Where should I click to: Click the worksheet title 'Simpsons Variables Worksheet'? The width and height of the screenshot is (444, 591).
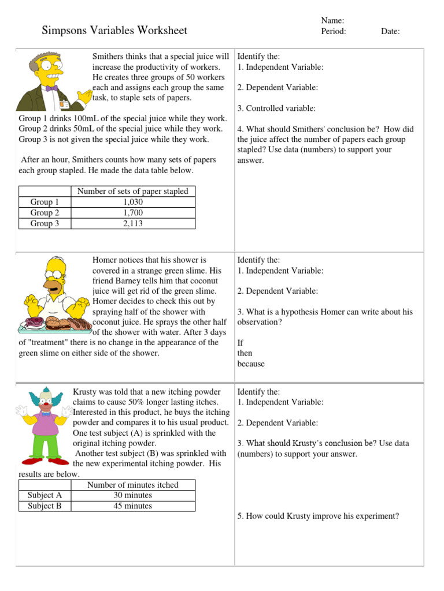pos(114,31)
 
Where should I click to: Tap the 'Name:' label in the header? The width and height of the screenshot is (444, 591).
pos(332,21)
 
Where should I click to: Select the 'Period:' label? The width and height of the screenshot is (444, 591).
pos(334,32)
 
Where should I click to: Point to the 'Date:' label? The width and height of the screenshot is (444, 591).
pos(390,32)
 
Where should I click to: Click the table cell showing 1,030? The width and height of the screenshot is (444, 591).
pos(132,202)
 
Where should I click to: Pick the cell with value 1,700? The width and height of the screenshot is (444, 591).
pos(132,213)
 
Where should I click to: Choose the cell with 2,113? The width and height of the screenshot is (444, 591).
pos(132,223)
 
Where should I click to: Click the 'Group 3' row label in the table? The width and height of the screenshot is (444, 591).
pos(45,223)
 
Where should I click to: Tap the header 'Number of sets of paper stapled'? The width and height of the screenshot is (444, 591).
pos(132,191)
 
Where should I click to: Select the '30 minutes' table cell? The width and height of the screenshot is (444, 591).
pos(132,495)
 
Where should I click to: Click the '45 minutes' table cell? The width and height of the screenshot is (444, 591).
pos(132,506)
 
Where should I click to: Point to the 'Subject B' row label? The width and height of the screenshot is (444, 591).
pos(45,506)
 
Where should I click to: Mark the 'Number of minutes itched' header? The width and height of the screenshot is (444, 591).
pos(132,485)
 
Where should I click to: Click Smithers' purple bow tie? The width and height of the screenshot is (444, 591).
pos(52,88)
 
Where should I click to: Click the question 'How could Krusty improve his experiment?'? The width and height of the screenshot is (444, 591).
pos(318,516)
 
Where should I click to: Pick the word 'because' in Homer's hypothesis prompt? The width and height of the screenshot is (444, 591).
pos(251,364)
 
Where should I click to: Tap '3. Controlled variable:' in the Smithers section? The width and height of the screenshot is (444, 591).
pos(276,108)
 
